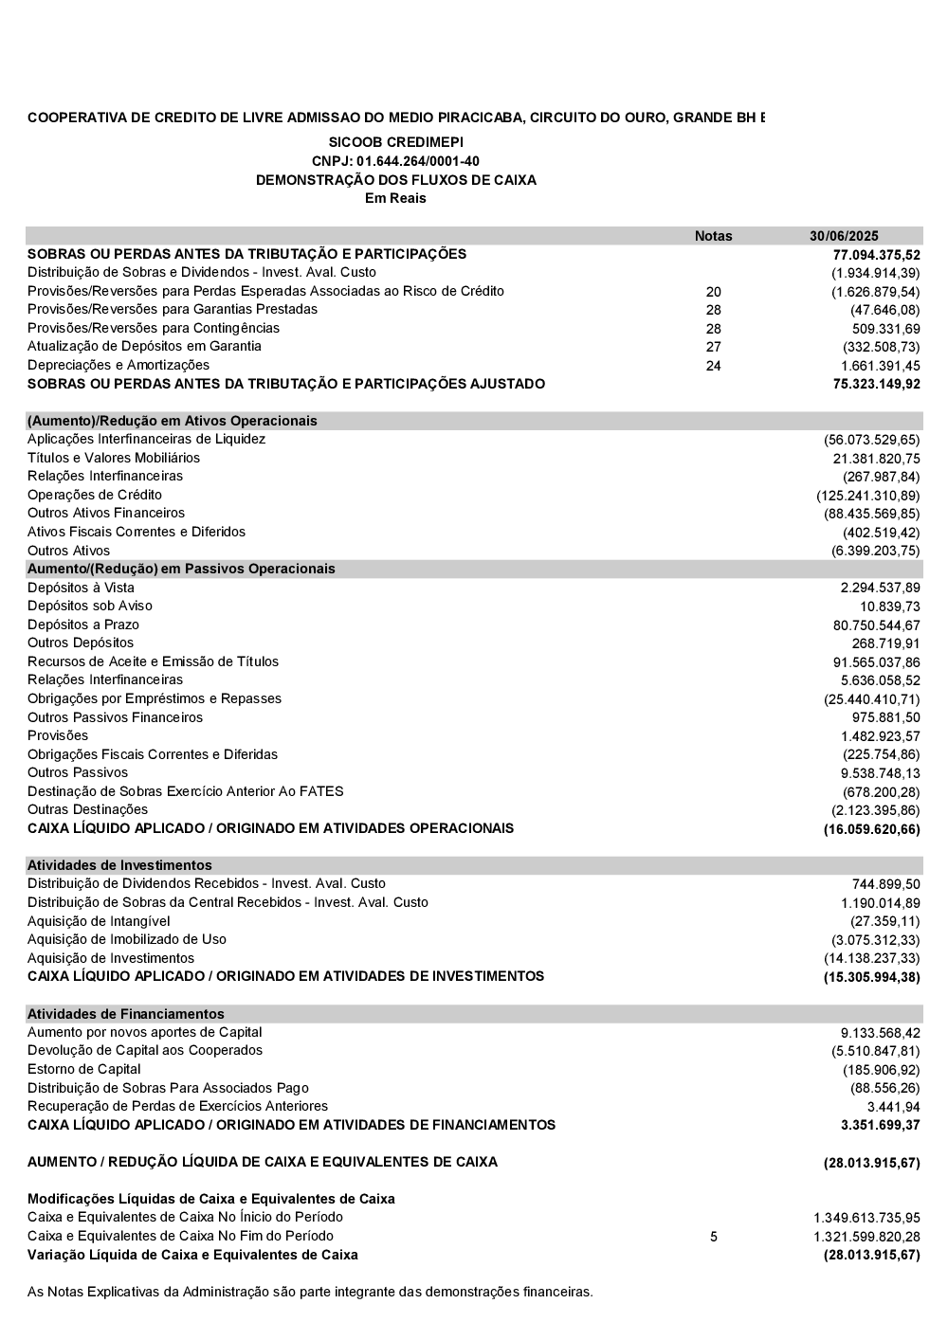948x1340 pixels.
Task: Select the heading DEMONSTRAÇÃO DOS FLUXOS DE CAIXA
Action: [395, 180]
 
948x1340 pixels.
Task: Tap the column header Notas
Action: [713, 236]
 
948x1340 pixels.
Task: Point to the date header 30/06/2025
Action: [844, 236]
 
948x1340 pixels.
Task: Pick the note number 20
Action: [714, 292]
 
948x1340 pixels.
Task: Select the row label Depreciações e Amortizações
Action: [118, 365]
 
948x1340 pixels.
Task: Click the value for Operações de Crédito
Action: [868, 496]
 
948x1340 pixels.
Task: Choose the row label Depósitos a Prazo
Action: [83, 625]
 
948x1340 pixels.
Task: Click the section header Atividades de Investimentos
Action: [119, 865]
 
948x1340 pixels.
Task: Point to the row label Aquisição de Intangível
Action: [99, 921]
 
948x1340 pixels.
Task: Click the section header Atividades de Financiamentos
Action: [126, 1014]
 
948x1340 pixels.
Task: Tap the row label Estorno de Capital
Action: [84, 1069]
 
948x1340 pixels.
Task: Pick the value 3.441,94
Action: [893, 1107]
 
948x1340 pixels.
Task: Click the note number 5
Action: [714, 1237]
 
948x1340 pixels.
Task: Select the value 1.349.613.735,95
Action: [866, 1218]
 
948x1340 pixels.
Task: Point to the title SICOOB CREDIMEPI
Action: [395, 142]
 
